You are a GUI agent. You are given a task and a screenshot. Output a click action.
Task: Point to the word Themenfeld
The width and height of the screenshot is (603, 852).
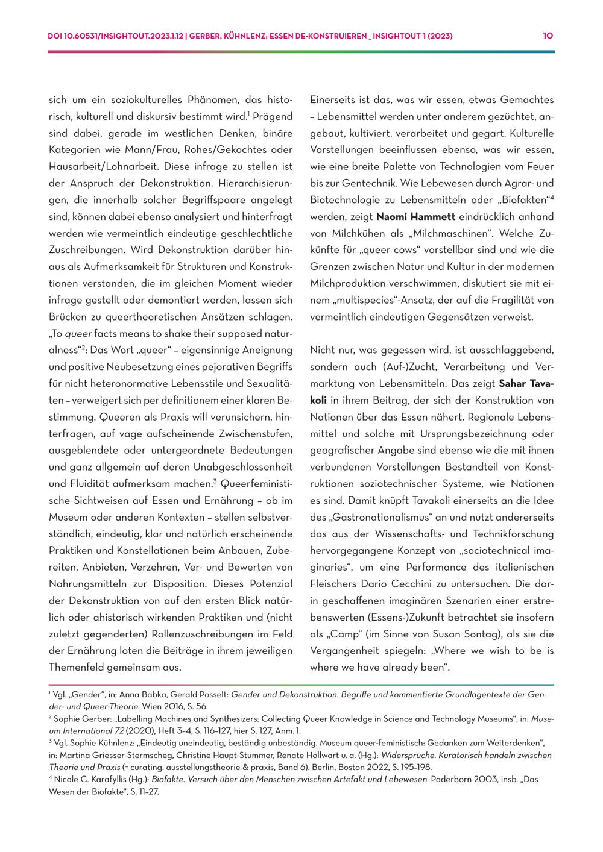[74, 667]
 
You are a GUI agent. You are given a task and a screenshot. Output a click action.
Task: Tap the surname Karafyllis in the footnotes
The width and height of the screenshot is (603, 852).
[110, 779]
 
